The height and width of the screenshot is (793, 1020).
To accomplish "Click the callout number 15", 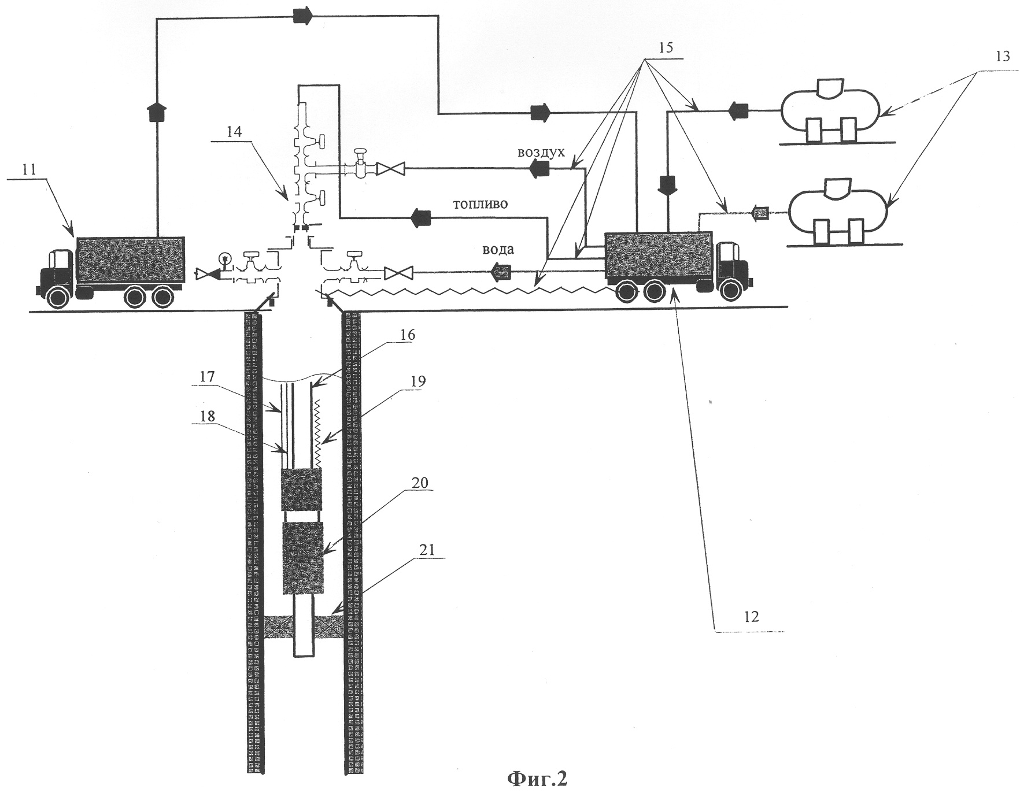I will pos(666,48).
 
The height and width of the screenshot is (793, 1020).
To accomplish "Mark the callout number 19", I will pos(419,381).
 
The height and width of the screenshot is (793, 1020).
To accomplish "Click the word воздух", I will pos(541,153).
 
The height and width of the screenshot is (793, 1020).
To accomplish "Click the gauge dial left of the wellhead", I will pos(225,257).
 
